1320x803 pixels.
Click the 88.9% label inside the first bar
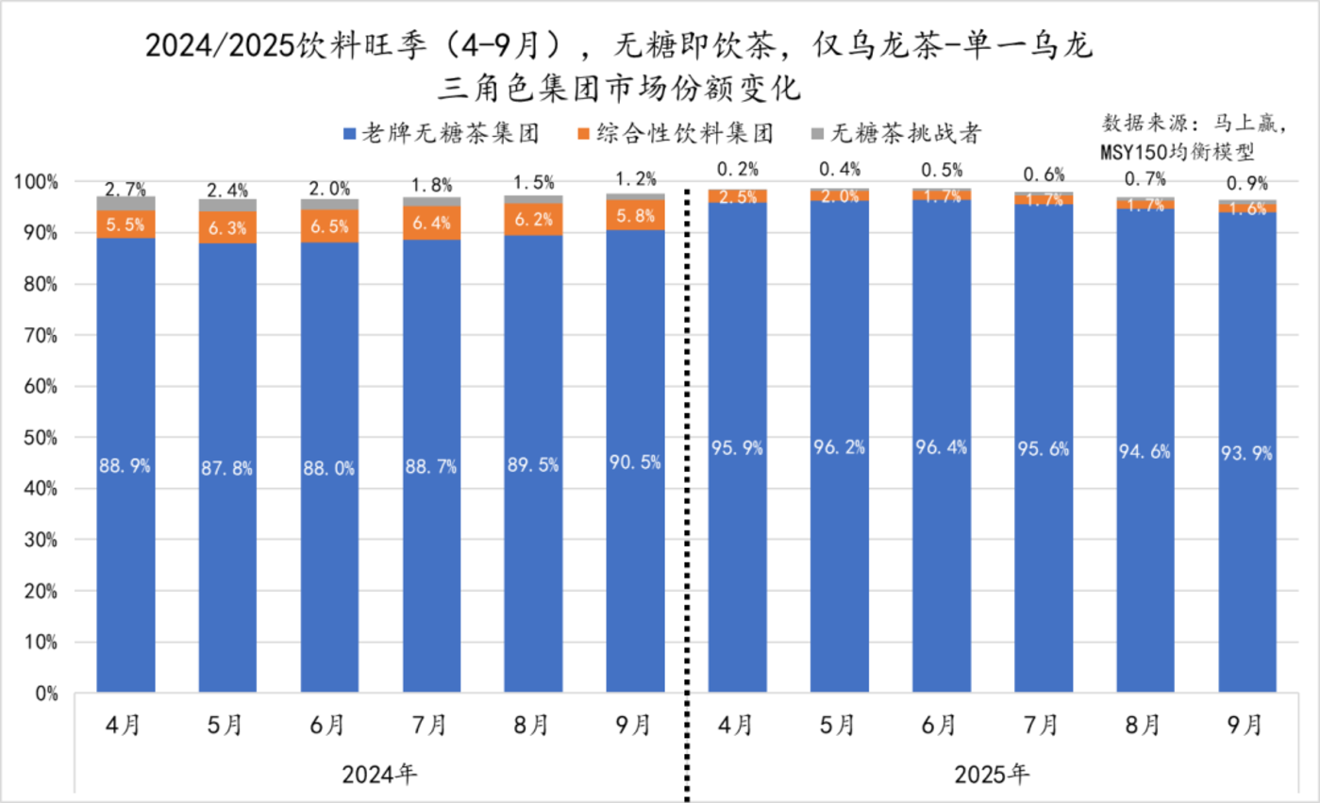tap(125, 465)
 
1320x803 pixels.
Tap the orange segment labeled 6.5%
tap(329, 226)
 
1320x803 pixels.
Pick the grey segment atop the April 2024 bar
tap(125, 203)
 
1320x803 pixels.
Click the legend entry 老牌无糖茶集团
tap(443, 134)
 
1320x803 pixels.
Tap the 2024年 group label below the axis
tap(379, 775)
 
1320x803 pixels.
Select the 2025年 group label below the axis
tap(992, 775)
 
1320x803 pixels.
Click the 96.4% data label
tap(942, 447)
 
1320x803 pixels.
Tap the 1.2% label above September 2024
tap(635, 177)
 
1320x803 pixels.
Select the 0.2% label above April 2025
tap(737, 170)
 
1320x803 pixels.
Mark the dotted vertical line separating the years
tap(686, 472)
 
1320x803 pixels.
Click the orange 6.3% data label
tap(227, 226)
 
